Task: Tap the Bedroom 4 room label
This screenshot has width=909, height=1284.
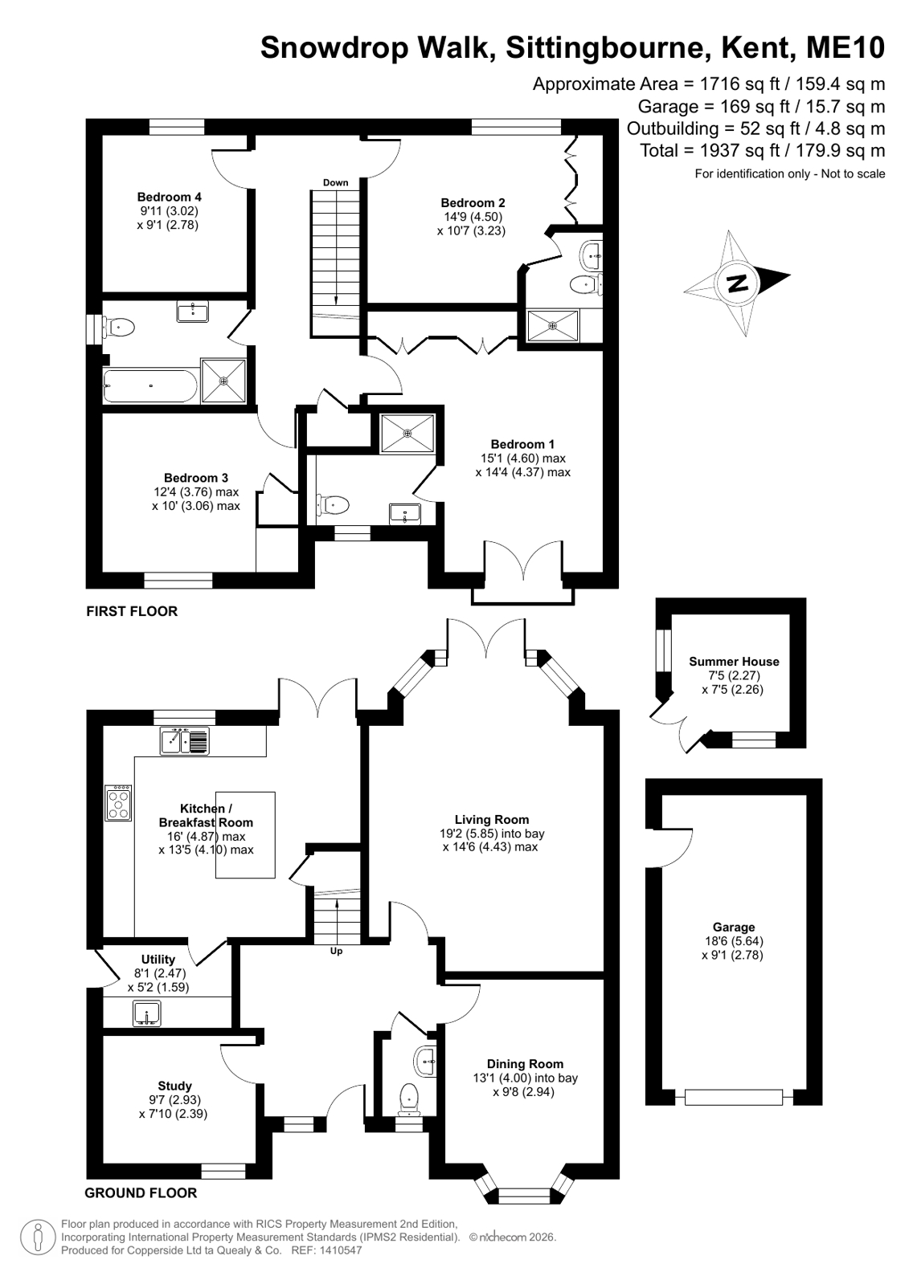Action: (x=170, y=197)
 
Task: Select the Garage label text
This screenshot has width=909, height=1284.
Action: (x=734, y=927)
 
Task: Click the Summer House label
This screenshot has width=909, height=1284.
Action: (x=734, y=662)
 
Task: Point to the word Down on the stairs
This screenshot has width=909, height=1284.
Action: (x=336, y=182)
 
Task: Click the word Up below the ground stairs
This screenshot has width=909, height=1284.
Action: (x=336, y=951)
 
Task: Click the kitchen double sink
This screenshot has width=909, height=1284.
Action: (x=184, y=741)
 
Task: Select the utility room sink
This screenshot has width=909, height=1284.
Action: (x=146, y=1013)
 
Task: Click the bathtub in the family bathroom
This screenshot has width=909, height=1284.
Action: (x=150, y=385)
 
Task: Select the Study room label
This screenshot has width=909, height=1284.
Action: (x=174, y=1086)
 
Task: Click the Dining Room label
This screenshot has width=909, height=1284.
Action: (x=525, y=1064)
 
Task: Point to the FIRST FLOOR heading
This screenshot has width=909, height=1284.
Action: (x=132, y=611)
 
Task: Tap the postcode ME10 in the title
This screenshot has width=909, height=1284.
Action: (x=846, y=47)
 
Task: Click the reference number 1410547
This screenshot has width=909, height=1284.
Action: (x=342, y=1250)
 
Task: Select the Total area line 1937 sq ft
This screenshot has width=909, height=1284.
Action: (x=763, y=151)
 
